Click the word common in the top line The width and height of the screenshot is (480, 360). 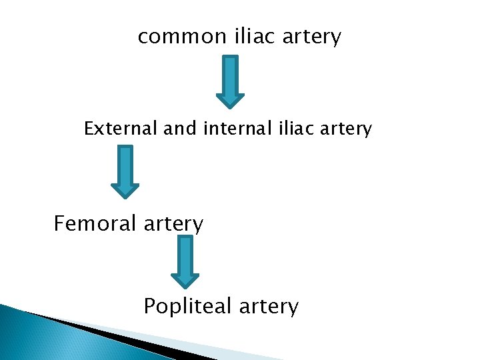point(182,37)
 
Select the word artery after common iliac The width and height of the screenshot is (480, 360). point(311,37)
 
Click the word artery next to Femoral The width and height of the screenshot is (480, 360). point(175,224)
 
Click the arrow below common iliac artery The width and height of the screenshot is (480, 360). point(230,81)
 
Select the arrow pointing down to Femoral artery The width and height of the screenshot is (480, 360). point(125,172)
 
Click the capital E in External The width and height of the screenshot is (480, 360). point(89,128)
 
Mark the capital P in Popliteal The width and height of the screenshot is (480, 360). point(149,307)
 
